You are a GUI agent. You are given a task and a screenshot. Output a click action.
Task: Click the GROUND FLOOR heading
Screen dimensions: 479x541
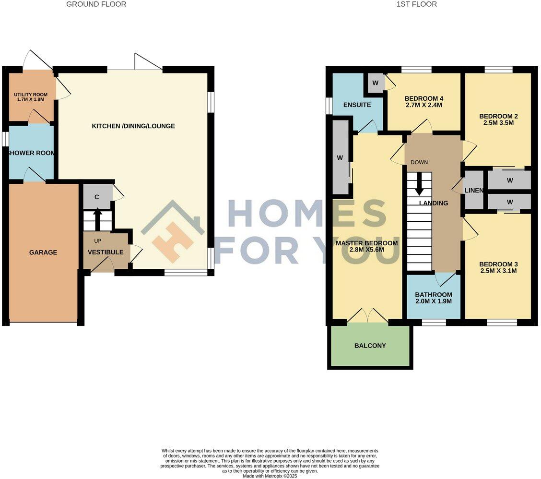click(x=96, y=4)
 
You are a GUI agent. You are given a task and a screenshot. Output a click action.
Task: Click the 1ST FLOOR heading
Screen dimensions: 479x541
click(x=417, y=4)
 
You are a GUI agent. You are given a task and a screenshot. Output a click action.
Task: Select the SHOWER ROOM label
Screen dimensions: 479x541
click(x=31, y=153)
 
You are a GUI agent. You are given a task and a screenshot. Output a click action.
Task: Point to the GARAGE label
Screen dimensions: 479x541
click(x=43, y=252)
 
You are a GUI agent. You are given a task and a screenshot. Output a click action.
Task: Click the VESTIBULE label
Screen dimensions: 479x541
click(x=106, y=252)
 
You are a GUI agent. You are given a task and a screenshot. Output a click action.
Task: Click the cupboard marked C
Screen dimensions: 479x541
click(x=96, y=197)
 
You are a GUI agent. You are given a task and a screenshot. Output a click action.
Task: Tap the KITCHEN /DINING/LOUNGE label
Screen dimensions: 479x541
click(x=133, y=126)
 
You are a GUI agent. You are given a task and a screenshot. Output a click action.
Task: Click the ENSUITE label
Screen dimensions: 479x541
click(x=357, y=105)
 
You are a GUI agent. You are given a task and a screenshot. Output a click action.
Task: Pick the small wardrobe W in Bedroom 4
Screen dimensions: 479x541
click(x=376, y=83)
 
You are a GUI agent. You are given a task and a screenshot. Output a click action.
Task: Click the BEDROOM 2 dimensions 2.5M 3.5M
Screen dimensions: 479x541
click(x=499, y=122)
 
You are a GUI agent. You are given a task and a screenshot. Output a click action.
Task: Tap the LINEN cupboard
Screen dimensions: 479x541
click(x=474, y=191)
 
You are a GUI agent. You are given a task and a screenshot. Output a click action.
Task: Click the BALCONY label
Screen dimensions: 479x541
click(x=370, y=346)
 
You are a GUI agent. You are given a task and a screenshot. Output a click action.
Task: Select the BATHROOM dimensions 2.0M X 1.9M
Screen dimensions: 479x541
click(x=434, y=301)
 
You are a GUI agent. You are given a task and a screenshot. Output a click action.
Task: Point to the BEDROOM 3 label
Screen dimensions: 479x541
click(x=499, y=264)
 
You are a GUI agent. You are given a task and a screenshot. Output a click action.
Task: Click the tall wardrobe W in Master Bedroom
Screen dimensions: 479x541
click(x=340, y=157)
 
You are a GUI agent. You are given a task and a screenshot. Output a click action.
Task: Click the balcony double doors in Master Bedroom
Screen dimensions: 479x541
click(x=367, y=316)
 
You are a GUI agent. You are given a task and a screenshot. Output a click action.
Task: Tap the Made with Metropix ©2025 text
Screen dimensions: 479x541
click(x=270, y=476)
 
